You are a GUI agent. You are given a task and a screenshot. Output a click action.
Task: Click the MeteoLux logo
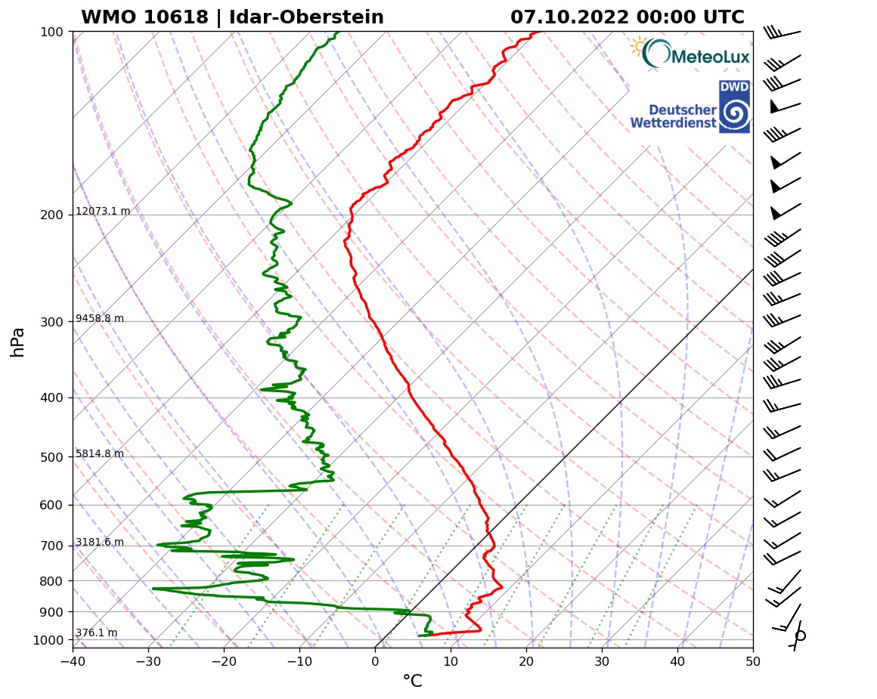coord(690,54)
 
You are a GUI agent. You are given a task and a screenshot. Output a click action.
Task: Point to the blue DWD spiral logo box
coord(734,107)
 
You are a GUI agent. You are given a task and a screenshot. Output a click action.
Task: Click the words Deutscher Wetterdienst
coord(673,116)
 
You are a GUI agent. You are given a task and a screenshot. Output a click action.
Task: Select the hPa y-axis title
coord(18,342)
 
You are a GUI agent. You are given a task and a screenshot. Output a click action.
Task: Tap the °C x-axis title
coord(412,682)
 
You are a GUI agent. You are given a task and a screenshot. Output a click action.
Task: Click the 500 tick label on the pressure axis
coord(51,457)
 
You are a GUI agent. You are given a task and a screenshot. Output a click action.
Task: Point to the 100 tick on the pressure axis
coord(51,32)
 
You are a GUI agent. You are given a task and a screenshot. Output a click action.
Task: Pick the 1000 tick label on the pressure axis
coord(48,641)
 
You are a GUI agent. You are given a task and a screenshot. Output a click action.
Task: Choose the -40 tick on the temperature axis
coord(73,661)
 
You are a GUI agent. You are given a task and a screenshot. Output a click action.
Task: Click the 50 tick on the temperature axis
coord(753,661)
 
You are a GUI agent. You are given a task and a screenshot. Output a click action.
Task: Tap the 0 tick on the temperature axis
coord(375,661)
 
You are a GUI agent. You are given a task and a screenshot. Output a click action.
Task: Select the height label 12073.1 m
coord(103,212)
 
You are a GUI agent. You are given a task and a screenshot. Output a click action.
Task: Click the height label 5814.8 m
coord(100,454)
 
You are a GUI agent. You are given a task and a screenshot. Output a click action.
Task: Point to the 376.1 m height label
coord(96,633)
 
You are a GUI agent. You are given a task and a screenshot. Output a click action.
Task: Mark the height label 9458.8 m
coord(100,319)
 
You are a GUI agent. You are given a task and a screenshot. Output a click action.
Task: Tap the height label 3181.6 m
coord(100,543)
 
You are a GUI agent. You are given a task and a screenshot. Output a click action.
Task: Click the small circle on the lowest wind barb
coord(801,636)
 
